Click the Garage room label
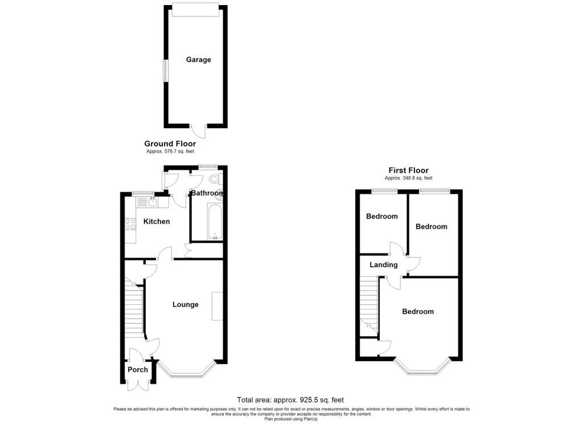[x=198, y=59]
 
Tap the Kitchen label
[x=156, y=221]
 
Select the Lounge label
[x=186, y=304]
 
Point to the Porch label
[x=138, y=370]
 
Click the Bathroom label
[x=207, y=193]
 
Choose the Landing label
[x=384, y=265]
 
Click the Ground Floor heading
[x=170, y=144]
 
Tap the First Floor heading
[x=408, y=170]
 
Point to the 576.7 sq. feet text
[x=171, y=152]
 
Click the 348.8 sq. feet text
[x=409, y=178]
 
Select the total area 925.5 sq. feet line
[x=290, y=400]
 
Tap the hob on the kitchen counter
[x=130, y=224]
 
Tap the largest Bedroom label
[x=418, y=312]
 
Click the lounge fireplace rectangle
[x=217, y=305]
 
